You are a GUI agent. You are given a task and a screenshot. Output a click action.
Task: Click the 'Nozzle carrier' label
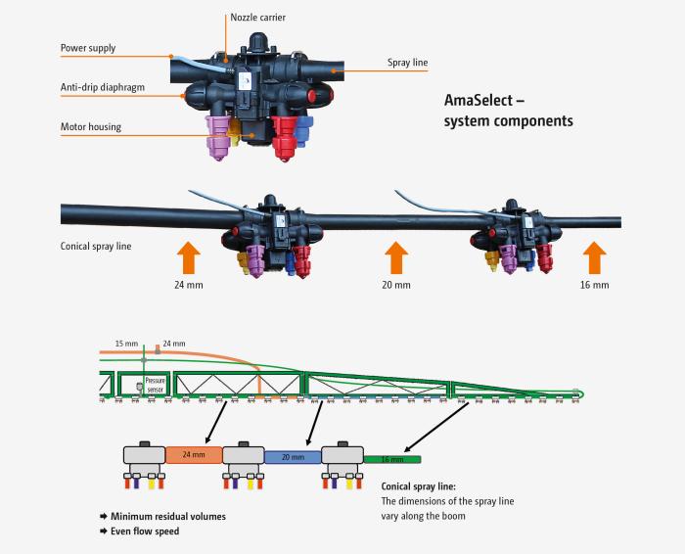(x=259, y=18)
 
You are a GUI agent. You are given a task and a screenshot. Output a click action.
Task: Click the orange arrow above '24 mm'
(x=189, y=260)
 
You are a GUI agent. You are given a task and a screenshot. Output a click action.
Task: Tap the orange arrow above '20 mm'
(x=395, y=260)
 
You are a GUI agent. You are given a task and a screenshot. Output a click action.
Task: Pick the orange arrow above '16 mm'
(x=593, y=260)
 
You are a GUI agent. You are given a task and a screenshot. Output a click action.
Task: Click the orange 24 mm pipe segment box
(x=194, y=455)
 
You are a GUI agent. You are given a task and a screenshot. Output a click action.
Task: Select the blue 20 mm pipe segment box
(x=293, y=456)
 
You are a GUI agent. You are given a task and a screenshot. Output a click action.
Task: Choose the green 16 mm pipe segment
(x=391, y=458)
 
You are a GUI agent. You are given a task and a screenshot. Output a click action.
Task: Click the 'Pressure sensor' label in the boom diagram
(x=156, y=384)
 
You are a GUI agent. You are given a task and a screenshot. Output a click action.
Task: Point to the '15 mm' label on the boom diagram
(x=125, y=344)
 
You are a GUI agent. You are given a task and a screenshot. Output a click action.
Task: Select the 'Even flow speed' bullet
(x=145, y=531)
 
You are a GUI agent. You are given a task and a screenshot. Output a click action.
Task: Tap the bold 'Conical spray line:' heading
(x=418, y=485)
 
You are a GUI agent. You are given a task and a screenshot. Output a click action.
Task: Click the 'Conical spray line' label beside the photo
(x=96, y=246)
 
